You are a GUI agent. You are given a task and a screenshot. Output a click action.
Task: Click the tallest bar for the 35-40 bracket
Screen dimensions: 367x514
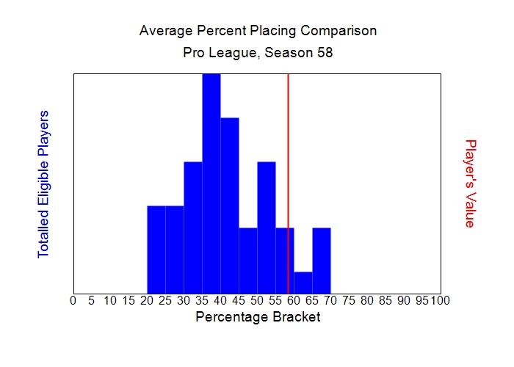click(211, 183)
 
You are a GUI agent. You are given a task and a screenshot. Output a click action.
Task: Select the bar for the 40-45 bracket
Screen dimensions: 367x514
click(230, 206)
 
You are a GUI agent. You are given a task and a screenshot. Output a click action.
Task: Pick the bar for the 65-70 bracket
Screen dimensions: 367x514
click(322, 261)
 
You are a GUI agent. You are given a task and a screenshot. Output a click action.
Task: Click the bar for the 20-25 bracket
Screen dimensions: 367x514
click(156, 250)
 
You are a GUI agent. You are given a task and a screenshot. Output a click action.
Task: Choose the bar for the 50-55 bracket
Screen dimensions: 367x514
click(267, 228)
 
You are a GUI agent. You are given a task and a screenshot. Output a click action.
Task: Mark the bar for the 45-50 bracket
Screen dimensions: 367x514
click(248, 261)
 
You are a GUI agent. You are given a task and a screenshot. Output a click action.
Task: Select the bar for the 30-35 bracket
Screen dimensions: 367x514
click(193, 228)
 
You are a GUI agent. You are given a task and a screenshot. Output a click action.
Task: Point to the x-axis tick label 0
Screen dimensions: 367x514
click(73, 300)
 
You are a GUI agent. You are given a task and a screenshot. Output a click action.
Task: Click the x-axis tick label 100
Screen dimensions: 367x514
click(440, 300)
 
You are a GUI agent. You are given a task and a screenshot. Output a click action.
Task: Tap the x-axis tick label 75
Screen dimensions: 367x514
click(349, 300)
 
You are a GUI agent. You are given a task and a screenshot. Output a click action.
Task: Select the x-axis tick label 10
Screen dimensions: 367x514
click(109, 300)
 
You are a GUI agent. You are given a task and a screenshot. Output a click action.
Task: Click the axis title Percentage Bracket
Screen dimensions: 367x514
click(258, 318)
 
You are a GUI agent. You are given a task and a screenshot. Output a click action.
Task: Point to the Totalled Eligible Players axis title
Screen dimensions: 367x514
click(43, 183)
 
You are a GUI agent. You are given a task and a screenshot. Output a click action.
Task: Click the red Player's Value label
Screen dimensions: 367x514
click(471, 183)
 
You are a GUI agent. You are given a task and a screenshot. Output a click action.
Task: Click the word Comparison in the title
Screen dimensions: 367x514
click(339, 32)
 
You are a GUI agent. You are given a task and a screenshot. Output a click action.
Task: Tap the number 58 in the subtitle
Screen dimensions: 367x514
click(325, 54)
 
